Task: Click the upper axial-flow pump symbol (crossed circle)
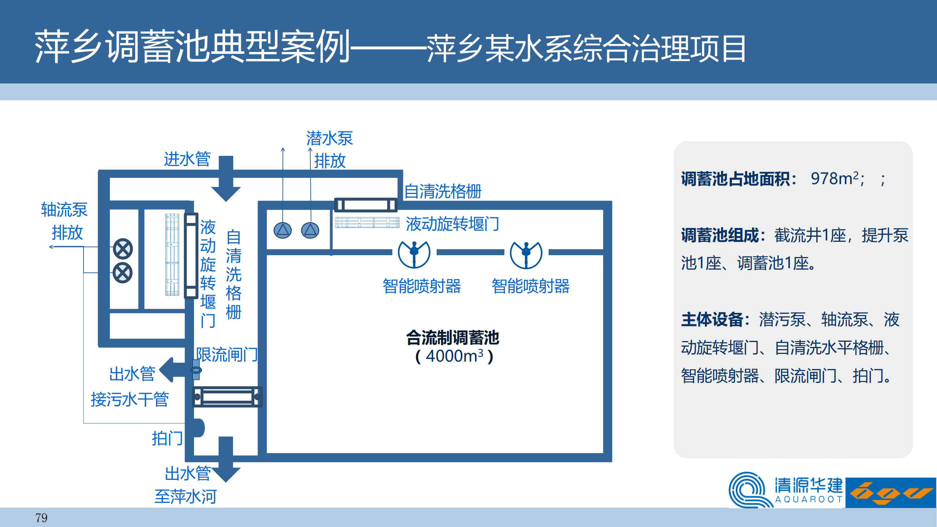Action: point(123,249)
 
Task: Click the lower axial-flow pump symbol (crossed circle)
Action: point(123,273)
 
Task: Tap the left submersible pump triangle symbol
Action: point(283,231)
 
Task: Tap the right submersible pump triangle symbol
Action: point(310,231)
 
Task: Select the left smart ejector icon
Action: point(414,254)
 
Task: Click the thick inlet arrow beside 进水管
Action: point(226,179)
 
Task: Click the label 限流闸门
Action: point(227,355)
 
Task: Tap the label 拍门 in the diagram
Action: point(167,438)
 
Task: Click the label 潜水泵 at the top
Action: point(329,138)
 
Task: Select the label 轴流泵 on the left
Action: point(64,210)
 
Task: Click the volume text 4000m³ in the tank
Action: point(454,356)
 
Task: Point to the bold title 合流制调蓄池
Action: point(452,337)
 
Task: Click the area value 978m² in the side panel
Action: point(835,179)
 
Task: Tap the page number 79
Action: point(41,518)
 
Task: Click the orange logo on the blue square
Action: point(891,493)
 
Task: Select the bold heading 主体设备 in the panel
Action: point(712,319)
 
